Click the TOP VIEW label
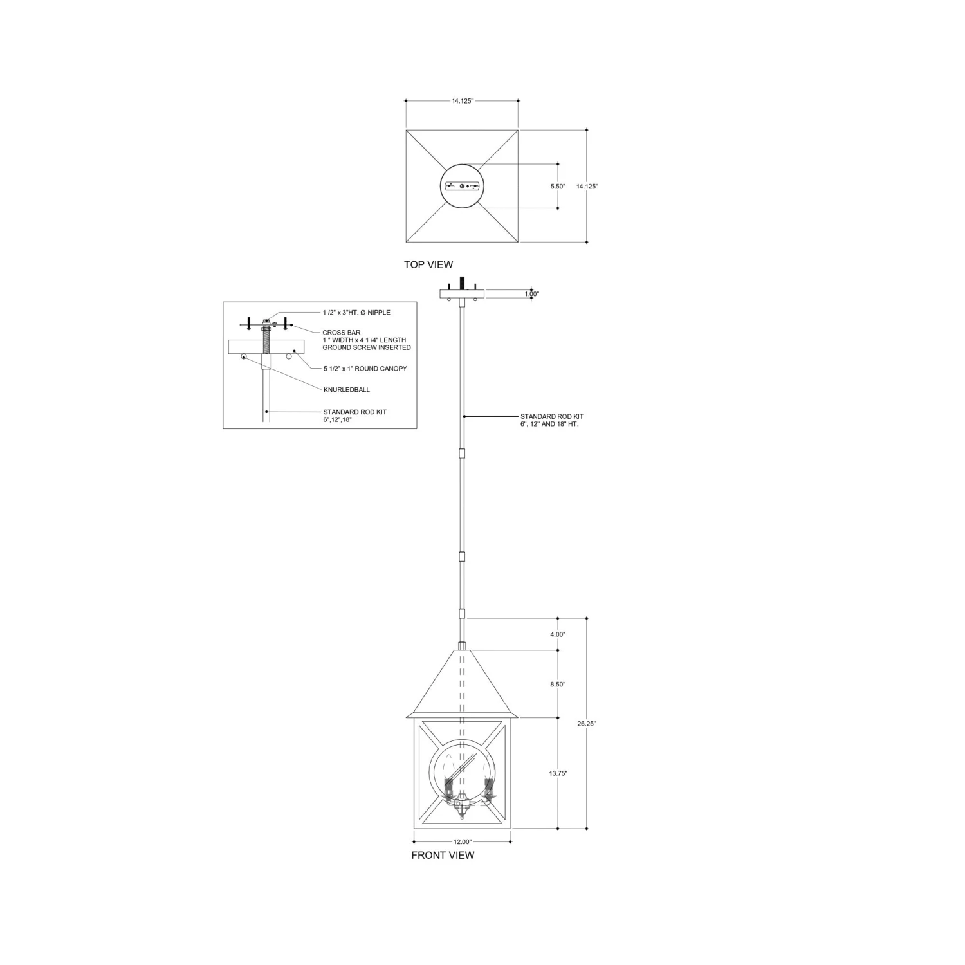pyautogui.click(x=428, y=264)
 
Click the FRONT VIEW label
pyautogui.click(x=443, y=855)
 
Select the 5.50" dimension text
pyautogui.click(x=557, y=186)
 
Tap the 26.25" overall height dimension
pyautogui.click(x=587, y=723)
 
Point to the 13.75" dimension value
pyautogui.click(x=558, y=773)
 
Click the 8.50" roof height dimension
pyautogui.click(x=558, y=685)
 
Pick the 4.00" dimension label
pyautogui.click(x=558, y=634)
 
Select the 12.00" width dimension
pyautogui.click(x=462, y=841)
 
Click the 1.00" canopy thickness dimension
pyautogui.click(x=531, y=294)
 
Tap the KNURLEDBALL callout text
pyautogui.click(x=347, y=390)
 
